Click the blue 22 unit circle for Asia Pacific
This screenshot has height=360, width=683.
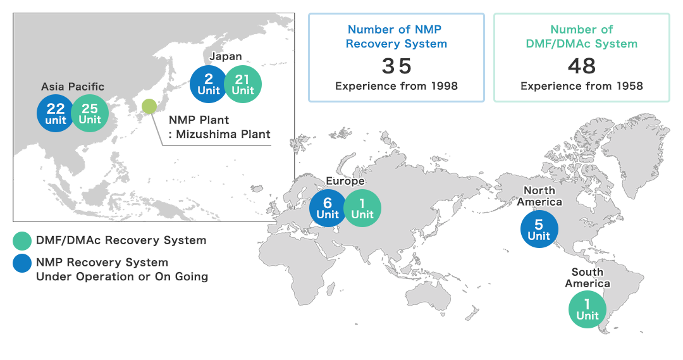pos(55,113)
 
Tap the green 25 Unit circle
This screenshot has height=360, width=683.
pos(90,113)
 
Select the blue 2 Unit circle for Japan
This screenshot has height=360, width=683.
pos(209,84)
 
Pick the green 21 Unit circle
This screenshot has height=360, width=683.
pos(243,84)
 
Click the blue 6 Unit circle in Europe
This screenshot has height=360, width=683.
pos(328,208)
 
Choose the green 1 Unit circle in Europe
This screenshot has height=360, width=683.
pos(362,208)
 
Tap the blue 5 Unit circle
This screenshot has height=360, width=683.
pos(539,229)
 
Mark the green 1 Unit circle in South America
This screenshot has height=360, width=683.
pos(587,309)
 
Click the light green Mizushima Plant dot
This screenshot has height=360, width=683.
pos(149,106)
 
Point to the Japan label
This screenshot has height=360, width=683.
pos(226,56)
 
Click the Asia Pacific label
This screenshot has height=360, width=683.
pos(73,87)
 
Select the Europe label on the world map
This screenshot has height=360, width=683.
pos(345,181)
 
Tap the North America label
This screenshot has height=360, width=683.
pos(539,196)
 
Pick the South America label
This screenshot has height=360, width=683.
pos(588,278)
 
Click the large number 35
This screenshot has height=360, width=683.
pos(397,66)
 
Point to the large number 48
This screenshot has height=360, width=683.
pos(582,66)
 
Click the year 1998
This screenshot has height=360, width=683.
pos(445,86)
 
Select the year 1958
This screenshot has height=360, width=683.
pos(630,86)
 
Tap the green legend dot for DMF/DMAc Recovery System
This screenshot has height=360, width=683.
pos(22,240)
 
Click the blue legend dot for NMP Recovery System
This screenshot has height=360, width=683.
pos(22,263)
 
